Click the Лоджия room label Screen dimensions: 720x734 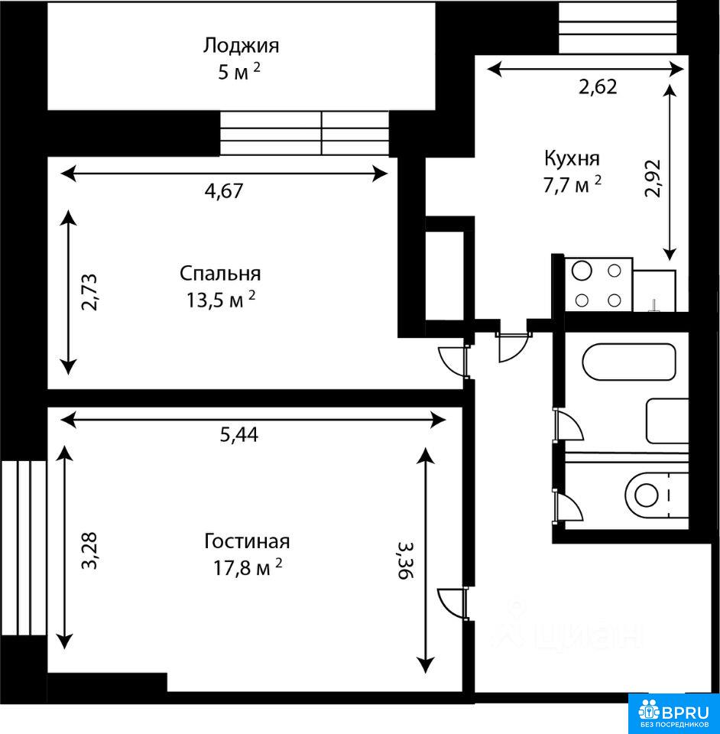point(241,46)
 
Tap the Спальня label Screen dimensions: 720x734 point(220,274)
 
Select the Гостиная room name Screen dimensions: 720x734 point(247,541)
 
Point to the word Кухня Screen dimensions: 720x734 point(572,159)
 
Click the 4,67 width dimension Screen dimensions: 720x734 point(224,190)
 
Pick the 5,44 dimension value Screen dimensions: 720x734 point(239,435)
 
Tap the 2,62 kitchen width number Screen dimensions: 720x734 point(598,87)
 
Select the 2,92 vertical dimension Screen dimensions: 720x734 point(653,178)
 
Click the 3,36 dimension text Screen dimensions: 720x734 point(406,560)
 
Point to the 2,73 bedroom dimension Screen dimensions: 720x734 point(89,292)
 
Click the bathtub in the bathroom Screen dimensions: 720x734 point(629,362)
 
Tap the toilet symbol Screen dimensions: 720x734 point(656,495)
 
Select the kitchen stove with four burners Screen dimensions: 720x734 point(598,284)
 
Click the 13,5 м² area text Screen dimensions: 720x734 point(222,300)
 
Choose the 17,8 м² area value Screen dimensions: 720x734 point(248,568)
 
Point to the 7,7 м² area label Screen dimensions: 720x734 point(572,185)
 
